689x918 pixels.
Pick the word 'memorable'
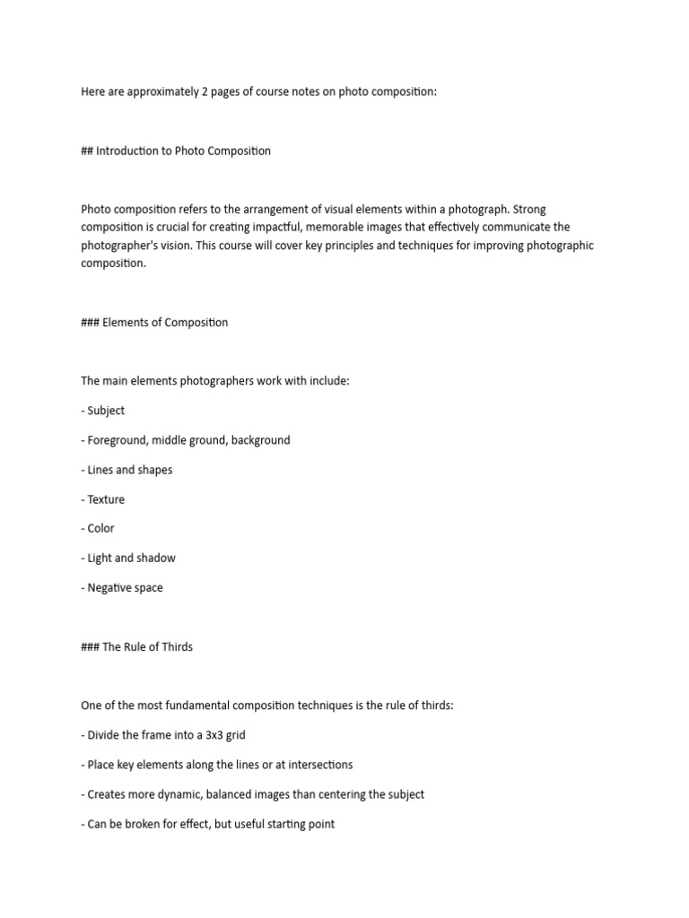pyautogui.click(x=335, y=228)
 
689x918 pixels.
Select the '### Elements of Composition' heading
pyautogui.click(x=154, y=323)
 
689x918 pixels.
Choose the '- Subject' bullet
pyautogui.click(x=103, y=411)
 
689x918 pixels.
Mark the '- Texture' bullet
pyautogui.click(x=103, y=499)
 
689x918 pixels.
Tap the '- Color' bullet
pyautogui.click(x=98, y=528)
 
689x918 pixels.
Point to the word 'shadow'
pyautogui.click(x=157, y=558)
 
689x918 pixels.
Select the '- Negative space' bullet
pyautogui.click(x=122, y=588)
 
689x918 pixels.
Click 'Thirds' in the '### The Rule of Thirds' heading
pyautogui.click(x=176, y=646)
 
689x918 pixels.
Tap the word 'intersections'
pyautogui.click(x=317, y=765)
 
